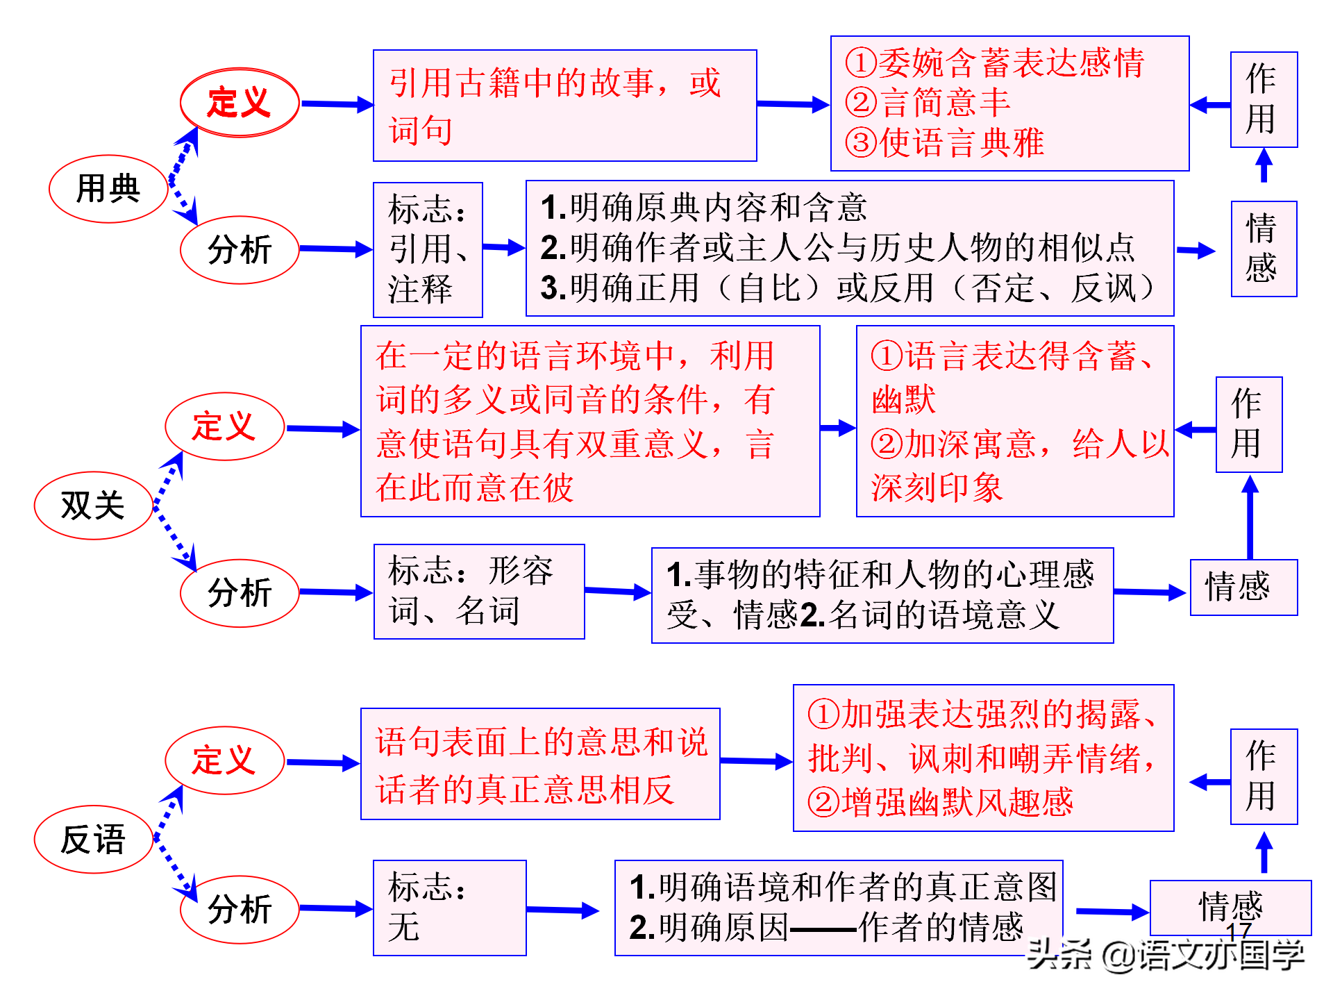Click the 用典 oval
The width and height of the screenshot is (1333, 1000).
(108, 189)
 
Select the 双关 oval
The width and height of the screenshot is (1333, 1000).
(94, 506)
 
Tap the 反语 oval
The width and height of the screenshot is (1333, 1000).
(94, 839)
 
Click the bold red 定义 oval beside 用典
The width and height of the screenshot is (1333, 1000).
(240, 103)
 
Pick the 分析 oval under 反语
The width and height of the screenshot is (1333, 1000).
(240, 909)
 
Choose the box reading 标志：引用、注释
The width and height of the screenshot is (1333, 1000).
(428, 250)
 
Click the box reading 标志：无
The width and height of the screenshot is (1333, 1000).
(450, 908)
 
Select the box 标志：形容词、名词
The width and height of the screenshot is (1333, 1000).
(479, 592)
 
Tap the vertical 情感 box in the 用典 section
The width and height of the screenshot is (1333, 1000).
(1264, 249)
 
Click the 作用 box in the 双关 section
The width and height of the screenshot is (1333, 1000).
(1249, 424)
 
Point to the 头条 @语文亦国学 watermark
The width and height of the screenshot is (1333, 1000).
(1166, 955)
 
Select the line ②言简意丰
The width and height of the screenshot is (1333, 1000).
(928, 103)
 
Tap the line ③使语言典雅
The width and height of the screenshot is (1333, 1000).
(944, 143)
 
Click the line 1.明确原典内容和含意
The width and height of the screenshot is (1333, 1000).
(703, 207)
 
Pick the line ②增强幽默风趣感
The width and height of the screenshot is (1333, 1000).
(940, 802)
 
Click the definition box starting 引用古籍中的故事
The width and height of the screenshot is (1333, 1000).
(565, 106)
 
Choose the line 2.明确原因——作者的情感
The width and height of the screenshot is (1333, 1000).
(826, 927)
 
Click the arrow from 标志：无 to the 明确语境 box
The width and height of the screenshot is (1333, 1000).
(563, 910)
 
